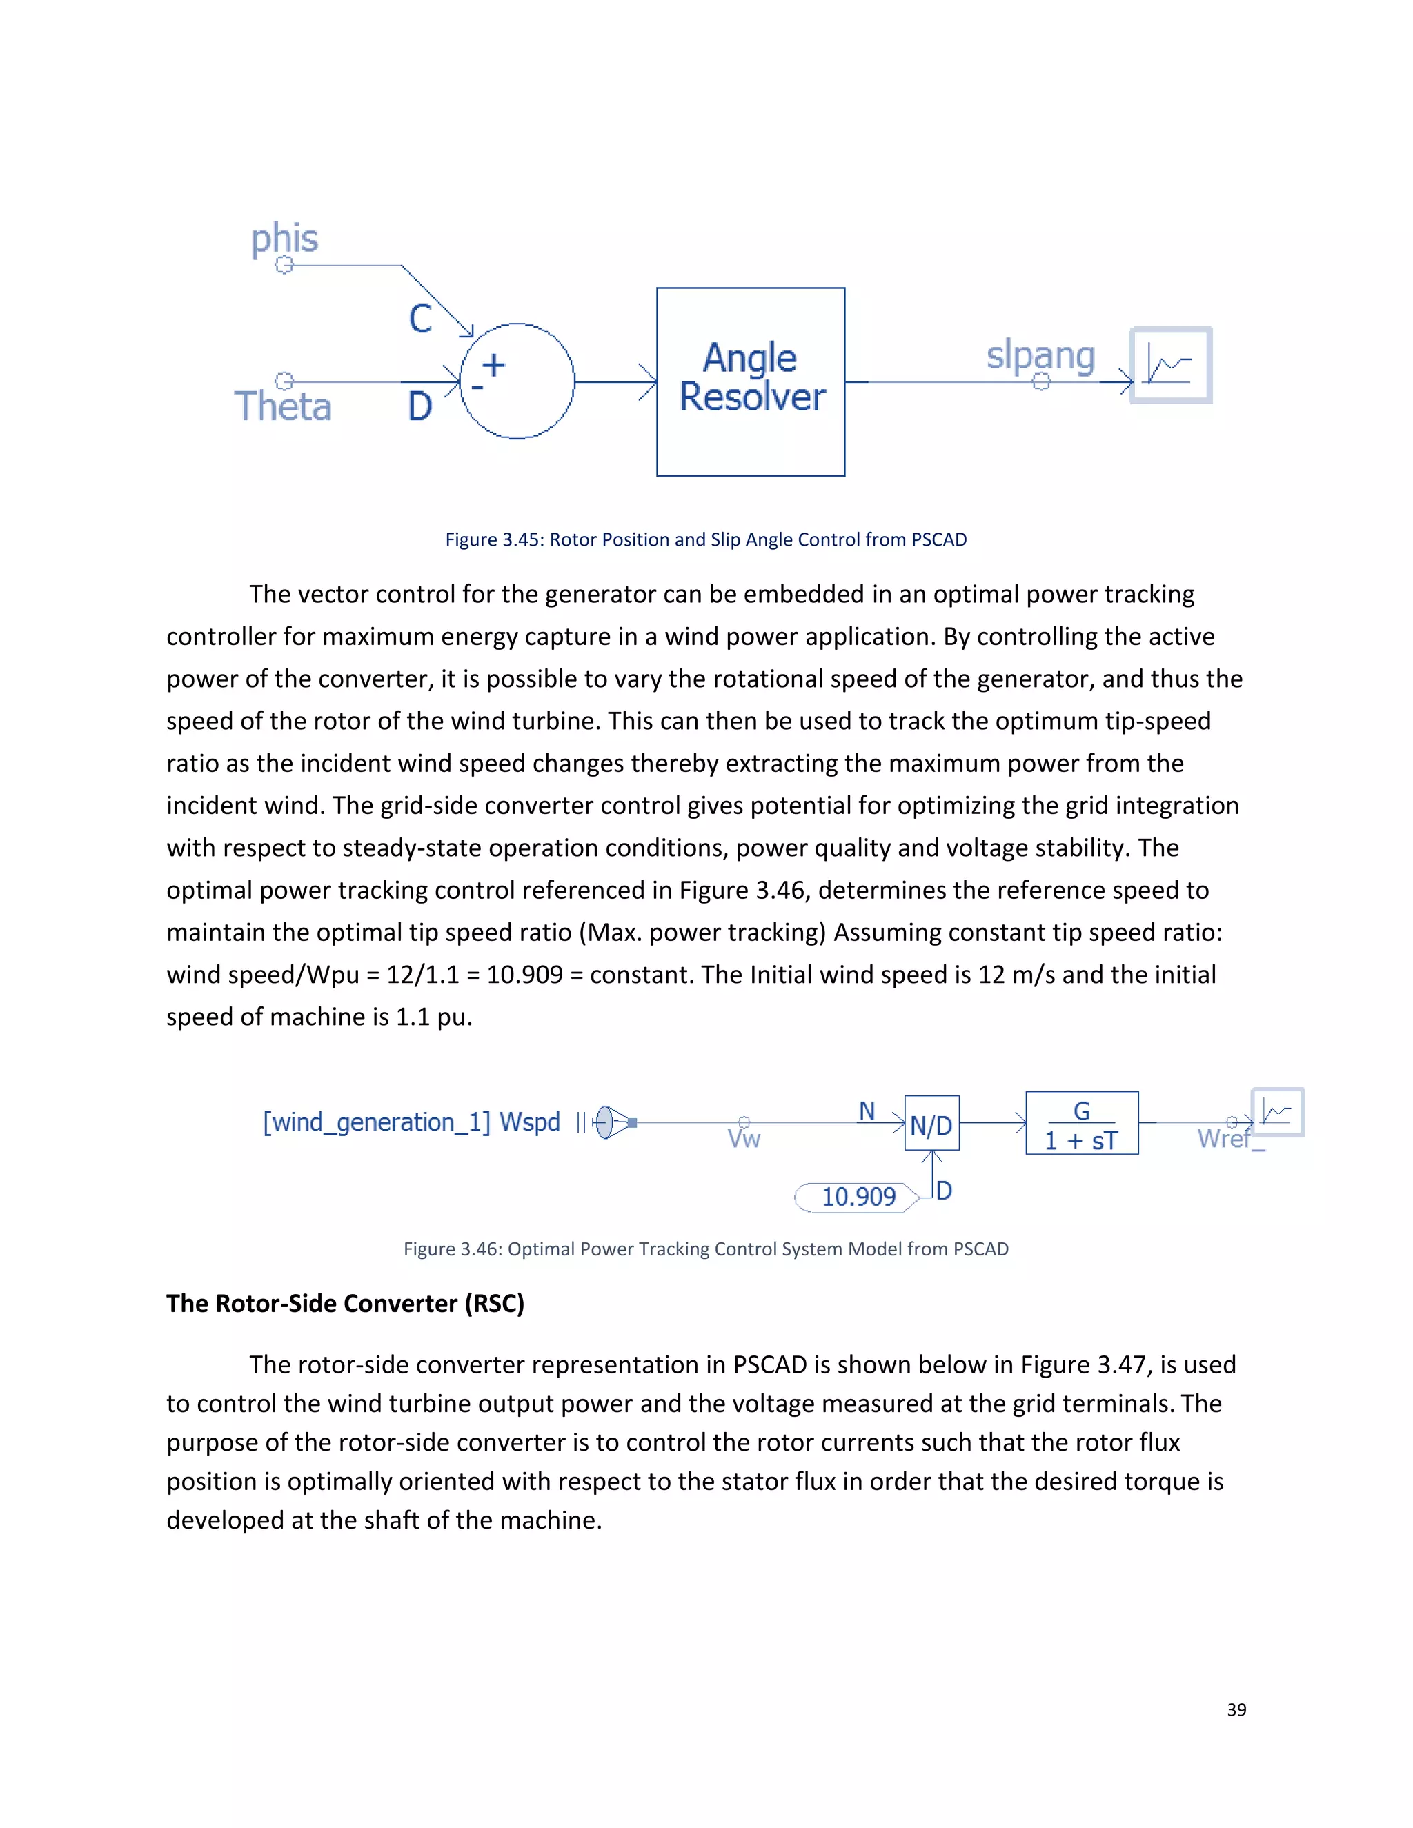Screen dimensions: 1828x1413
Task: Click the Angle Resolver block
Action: (750, 381)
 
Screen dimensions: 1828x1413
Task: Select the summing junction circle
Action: (517, 381)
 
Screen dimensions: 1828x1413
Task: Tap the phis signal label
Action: (285, 239)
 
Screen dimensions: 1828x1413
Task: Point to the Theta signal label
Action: (283, 407)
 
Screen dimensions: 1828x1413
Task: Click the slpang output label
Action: (1040, 356)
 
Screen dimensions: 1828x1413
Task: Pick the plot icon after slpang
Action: (1170, 365)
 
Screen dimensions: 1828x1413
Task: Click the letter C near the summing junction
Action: (420, 319)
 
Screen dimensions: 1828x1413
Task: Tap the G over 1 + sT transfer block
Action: (1082, 1123)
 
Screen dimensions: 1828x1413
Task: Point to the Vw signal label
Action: (743, 1139)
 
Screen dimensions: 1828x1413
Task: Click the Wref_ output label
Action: (1229, 1139)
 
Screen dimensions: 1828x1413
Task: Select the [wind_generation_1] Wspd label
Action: (411, 1122)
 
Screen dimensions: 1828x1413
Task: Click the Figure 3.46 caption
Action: (706, 1249)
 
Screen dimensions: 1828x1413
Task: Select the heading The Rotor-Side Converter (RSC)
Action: (345, 1303)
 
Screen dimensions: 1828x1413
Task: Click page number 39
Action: (1236, 1710)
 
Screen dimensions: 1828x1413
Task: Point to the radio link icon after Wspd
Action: (611, 1122)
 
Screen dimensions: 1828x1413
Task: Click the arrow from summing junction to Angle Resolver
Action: (615, 381)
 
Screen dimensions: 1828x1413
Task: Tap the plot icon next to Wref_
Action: (1277, 1111)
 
